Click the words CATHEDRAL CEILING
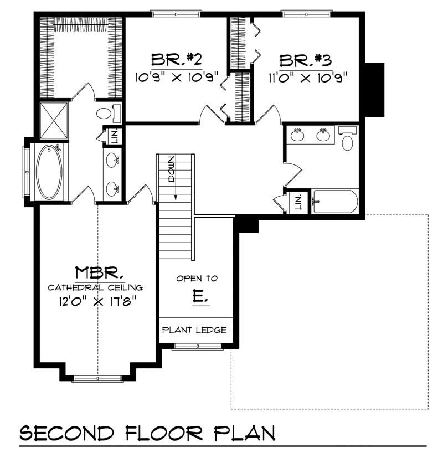pos(95,287)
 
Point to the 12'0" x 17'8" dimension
pos(96,301)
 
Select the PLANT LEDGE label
pos(194,330)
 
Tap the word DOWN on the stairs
pos(172,169)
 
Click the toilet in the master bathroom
pos(106,114)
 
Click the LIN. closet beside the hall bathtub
pos(298,202)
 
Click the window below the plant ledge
pos(190,347)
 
